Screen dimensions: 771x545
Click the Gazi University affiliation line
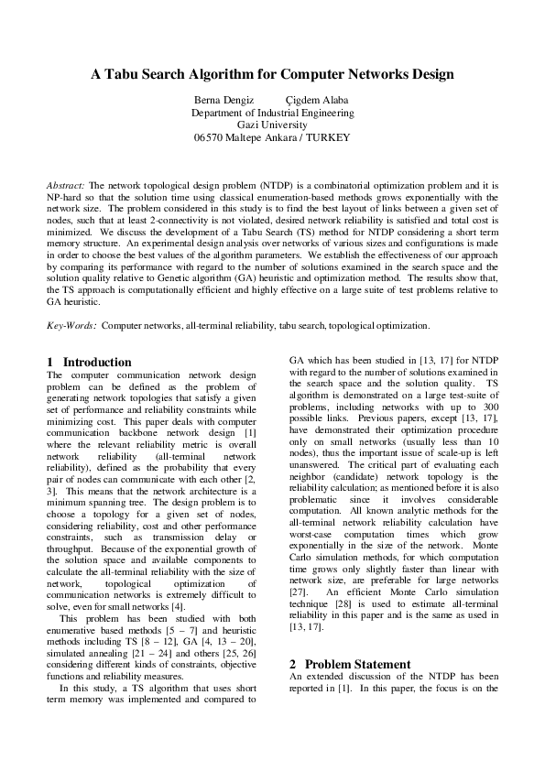[x=272, y=125]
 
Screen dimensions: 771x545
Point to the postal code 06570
[x=210, y=137]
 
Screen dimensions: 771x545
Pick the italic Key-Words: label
[x=71, y=324]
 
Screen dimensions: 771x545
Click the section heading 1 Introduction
[x=90, y=363]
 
